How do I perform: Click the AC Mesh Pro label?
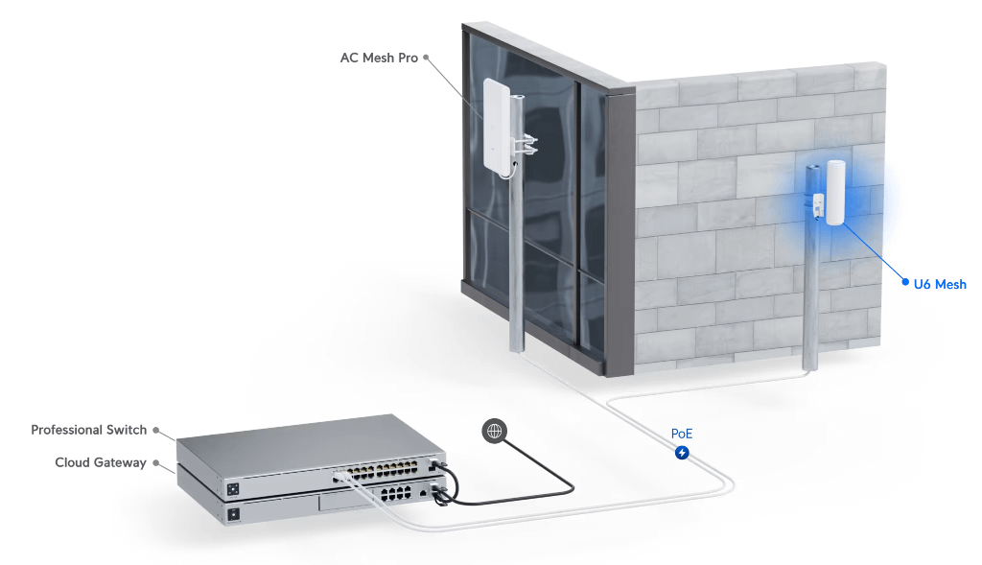379,58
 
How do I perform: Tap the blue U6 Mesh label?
939,284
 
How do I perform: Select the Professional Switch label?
88,430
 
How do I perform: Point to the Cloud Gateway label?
101,462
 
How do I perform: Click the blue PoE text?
681,434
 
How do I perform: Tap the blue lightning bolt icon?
681,452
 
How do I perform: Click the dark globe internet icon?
495,432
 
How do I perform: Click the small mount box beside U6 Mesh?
820,205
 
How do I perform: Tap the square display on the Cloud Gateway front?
232,514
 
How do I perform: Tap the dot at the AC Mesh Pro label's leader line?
426,58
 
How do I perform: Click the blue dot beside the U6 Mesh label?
904,283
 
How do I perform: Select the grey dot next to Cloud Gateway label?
155,462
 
